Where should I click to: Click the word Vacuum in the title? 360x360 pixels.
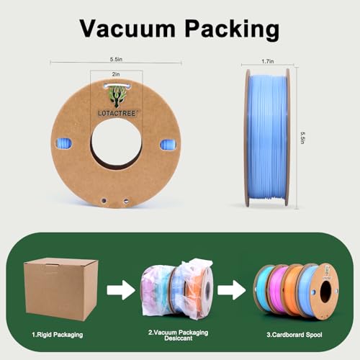[127, 29]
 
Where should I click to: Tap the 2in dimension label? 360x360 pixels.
[116, 74]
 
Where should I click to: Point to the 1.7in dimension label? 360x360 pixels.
[268, 61]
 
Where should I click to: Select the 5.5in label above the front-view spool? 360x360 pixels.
[116, 59]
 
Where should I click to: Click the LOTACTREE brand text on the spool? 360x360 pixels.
[117, 113]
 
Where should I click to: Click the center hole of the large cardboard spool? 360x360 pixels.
[117, 143]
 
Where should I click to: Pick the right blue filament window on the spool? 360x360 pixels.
[168, 145]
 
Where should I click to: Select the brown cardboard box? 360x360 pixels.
[60, 289]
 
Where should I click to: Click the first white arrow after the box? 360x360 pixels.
[121, 290]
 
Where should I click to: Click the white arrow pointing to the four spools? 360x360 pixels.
[232, 290]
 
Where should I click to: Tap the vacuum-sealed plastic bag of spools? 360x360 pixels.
[177, 289]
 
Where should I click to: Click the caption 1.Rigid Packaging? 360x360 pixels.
[58, 335]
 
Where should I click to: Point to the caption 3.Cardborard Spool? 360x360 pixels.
[294, 335]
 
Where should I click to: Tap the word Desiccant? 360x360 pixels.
[179, 338]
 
